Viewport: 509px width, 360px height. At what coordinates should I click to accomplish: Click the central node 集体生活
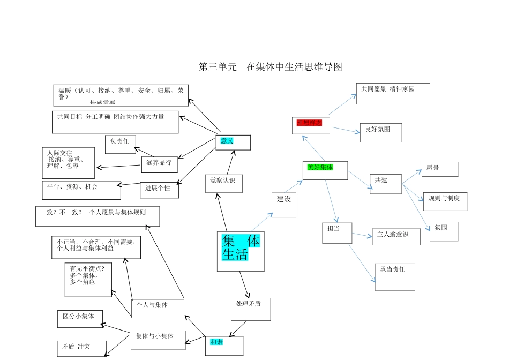coord(241,251)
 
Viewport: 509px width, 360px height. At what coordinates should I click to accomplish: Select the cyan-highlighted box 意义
coord(233,142)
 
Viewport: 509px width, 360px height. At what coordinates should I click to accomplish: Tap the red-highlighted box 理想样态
coord(311,125)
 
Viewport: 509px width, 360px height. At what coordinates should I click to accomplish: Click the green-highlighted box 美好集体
coord(325,170)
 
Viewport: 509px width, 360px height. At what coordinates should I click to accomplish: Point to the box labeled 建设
coord(283,205)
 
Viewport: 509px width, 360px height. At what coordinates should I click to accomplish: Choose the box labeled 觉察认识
coord(223,183)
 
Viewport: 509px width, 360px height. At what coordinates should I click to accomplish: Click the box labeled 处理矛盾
coord(250,309)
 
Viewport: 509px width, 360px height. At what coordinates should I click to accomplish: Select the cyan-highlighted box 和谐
coord(224,346)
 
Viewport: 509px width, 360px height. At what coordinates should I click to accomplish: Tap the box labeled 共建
coord(386,184)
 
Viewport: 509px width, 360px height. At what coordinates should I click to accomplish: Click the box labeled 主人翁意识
coord(396,237)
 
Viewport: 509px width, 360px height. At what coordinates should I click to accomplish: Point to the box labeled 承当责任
coord(395,276)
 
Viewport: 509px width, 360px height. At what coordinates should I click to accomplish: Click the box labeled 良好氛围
coord(380,132)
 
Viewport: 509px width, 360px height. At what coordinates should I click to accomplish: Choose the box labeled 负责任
coord(121,144)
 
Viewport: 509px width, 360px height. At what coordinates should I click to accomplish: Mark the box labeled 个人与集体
coord(158,308)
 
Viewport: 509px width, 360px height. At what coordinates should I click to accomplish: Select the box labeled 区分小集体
coord(80,319)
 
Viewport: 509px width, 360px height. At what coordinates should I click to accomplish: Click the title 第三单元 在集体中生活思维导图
coord(270,67)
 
